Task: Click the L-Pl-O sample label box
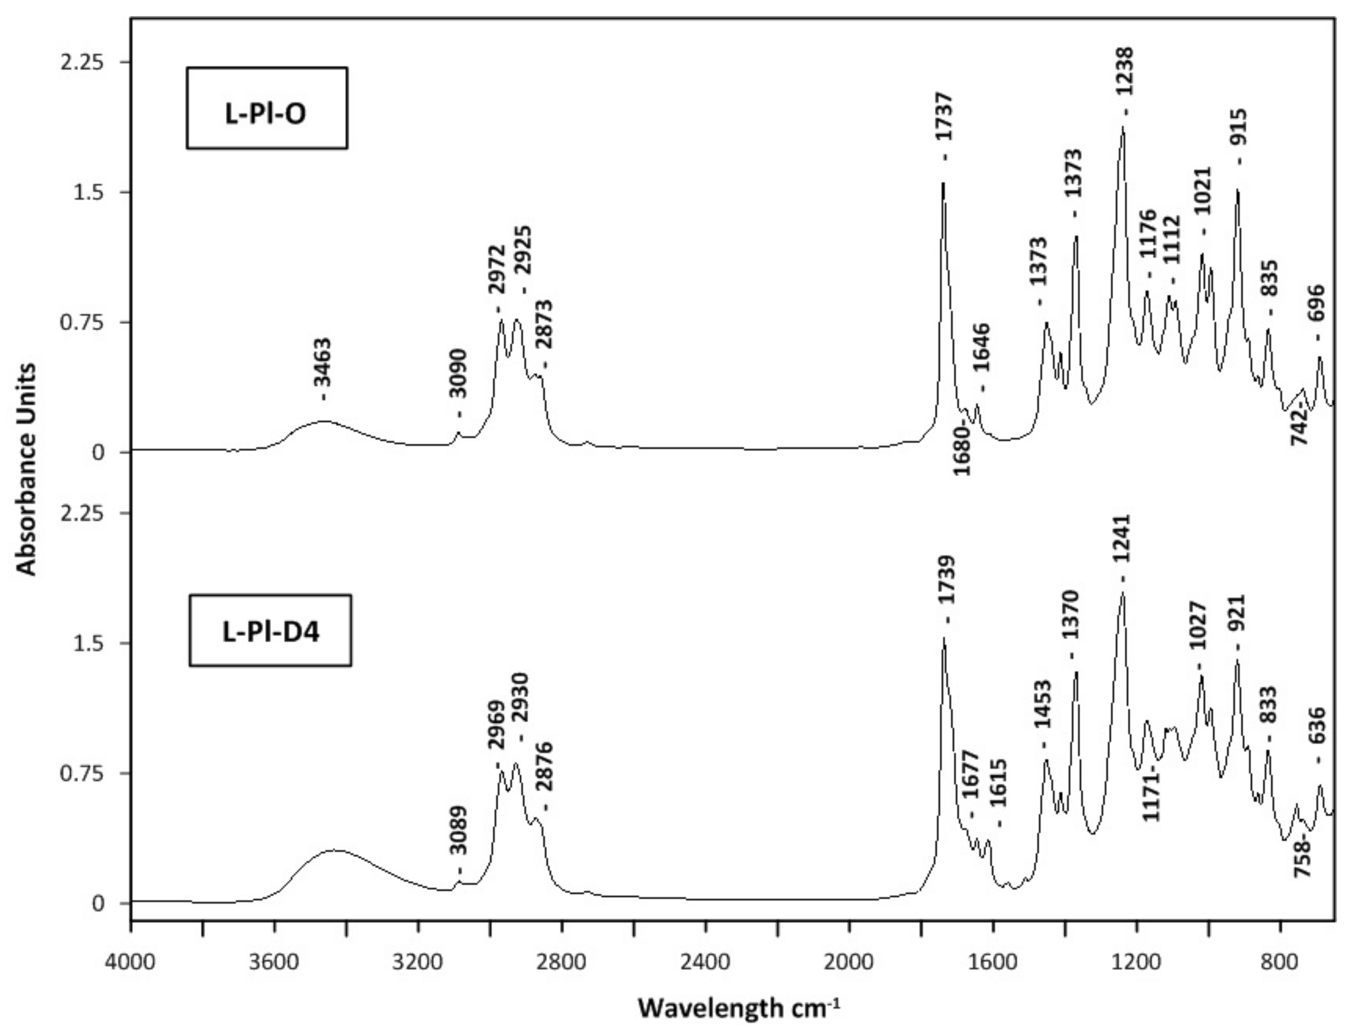(266, 108)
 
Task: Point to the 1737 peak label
(943, 119)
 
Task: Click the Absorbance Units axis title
(26, 469)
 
